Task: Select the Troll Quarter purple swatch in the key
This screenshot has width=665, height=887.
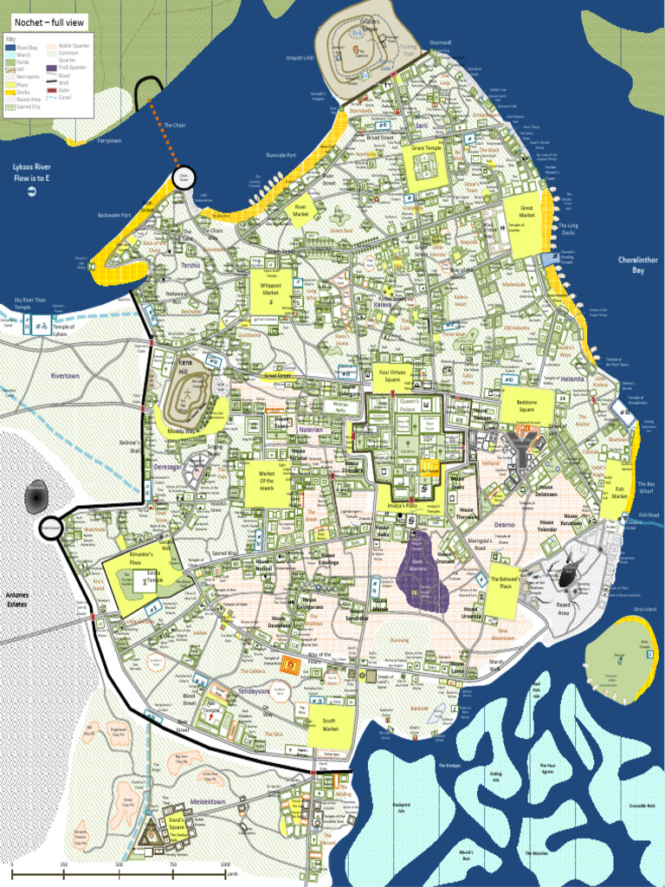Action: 51,68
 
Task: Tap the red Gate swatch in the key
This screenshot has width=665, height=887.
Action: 51,89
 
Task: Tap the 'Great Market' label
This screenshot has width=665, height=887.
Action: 526,211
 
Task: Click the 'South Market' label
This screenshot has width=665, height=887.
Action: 329,724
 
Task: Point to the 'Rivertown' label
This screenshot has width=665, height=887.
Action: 65,376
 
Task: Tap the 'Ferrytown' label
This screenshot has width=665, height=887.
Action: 110,139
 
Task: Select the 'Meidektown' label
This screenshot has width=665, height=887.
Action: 207,801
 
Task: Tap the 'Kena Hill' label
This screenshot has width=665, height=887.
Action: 184,365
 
